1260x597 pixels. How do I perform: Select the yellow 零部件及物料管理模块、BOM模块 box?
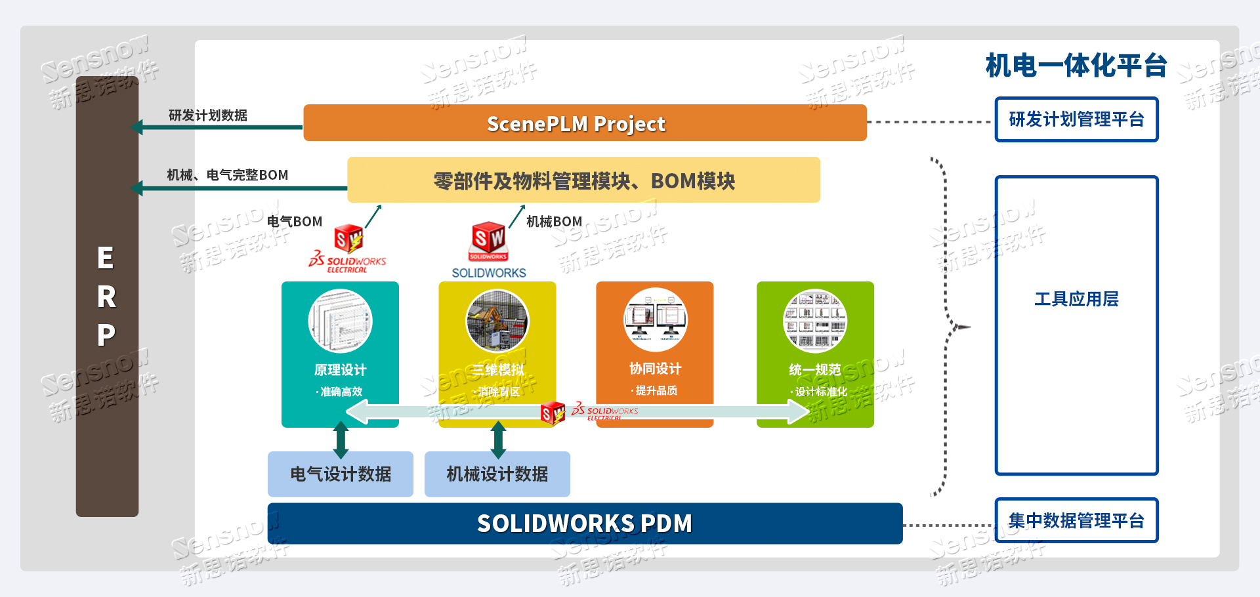(583, 180)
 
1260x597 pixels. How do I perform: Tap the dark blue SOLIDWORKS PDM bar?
(584, 524)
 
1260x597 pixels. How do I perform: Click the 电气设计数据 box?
(341, 474)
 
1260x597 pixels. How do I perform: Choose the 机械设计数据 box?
(497, 474)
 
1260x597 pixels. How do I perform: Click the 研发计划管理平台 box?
(1076, 119)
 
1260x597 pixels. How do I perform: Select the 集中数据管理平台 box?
(1076, 521)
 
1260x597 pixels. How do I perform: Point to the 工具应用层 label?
(1076, 299)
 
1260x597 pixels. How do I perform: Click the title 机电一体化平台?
(1076, 66)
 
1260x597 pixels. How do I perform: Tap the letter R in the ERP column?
(106, 297)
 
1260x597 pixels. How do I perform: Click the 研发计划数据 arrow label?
(207, 115)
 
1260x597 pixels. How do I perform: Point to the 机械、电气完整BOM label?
(227, 175)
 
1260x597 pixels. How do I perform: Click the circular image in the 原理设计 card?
(340, 321)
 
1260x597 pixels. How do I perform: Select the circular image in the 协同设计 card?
(655, 320)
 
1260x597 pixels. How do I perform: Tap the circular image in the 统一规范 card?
(815, 321)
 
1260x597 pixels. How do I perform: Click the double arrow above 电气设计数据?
(341, 439)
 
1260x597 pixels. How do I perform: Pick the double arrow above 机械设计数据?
(498, 439)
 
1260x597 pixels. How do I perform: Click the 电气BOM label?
(295, 222)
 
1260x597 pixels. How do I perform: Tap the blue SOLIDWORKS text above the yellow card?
(489, 273)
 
